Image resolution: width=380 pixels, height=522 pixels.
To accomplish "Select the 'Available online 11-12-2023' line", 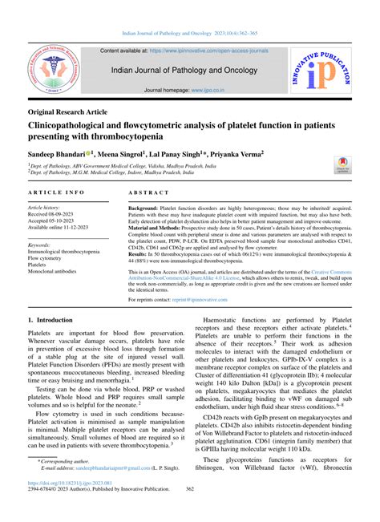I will click(x=67, y=228).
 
